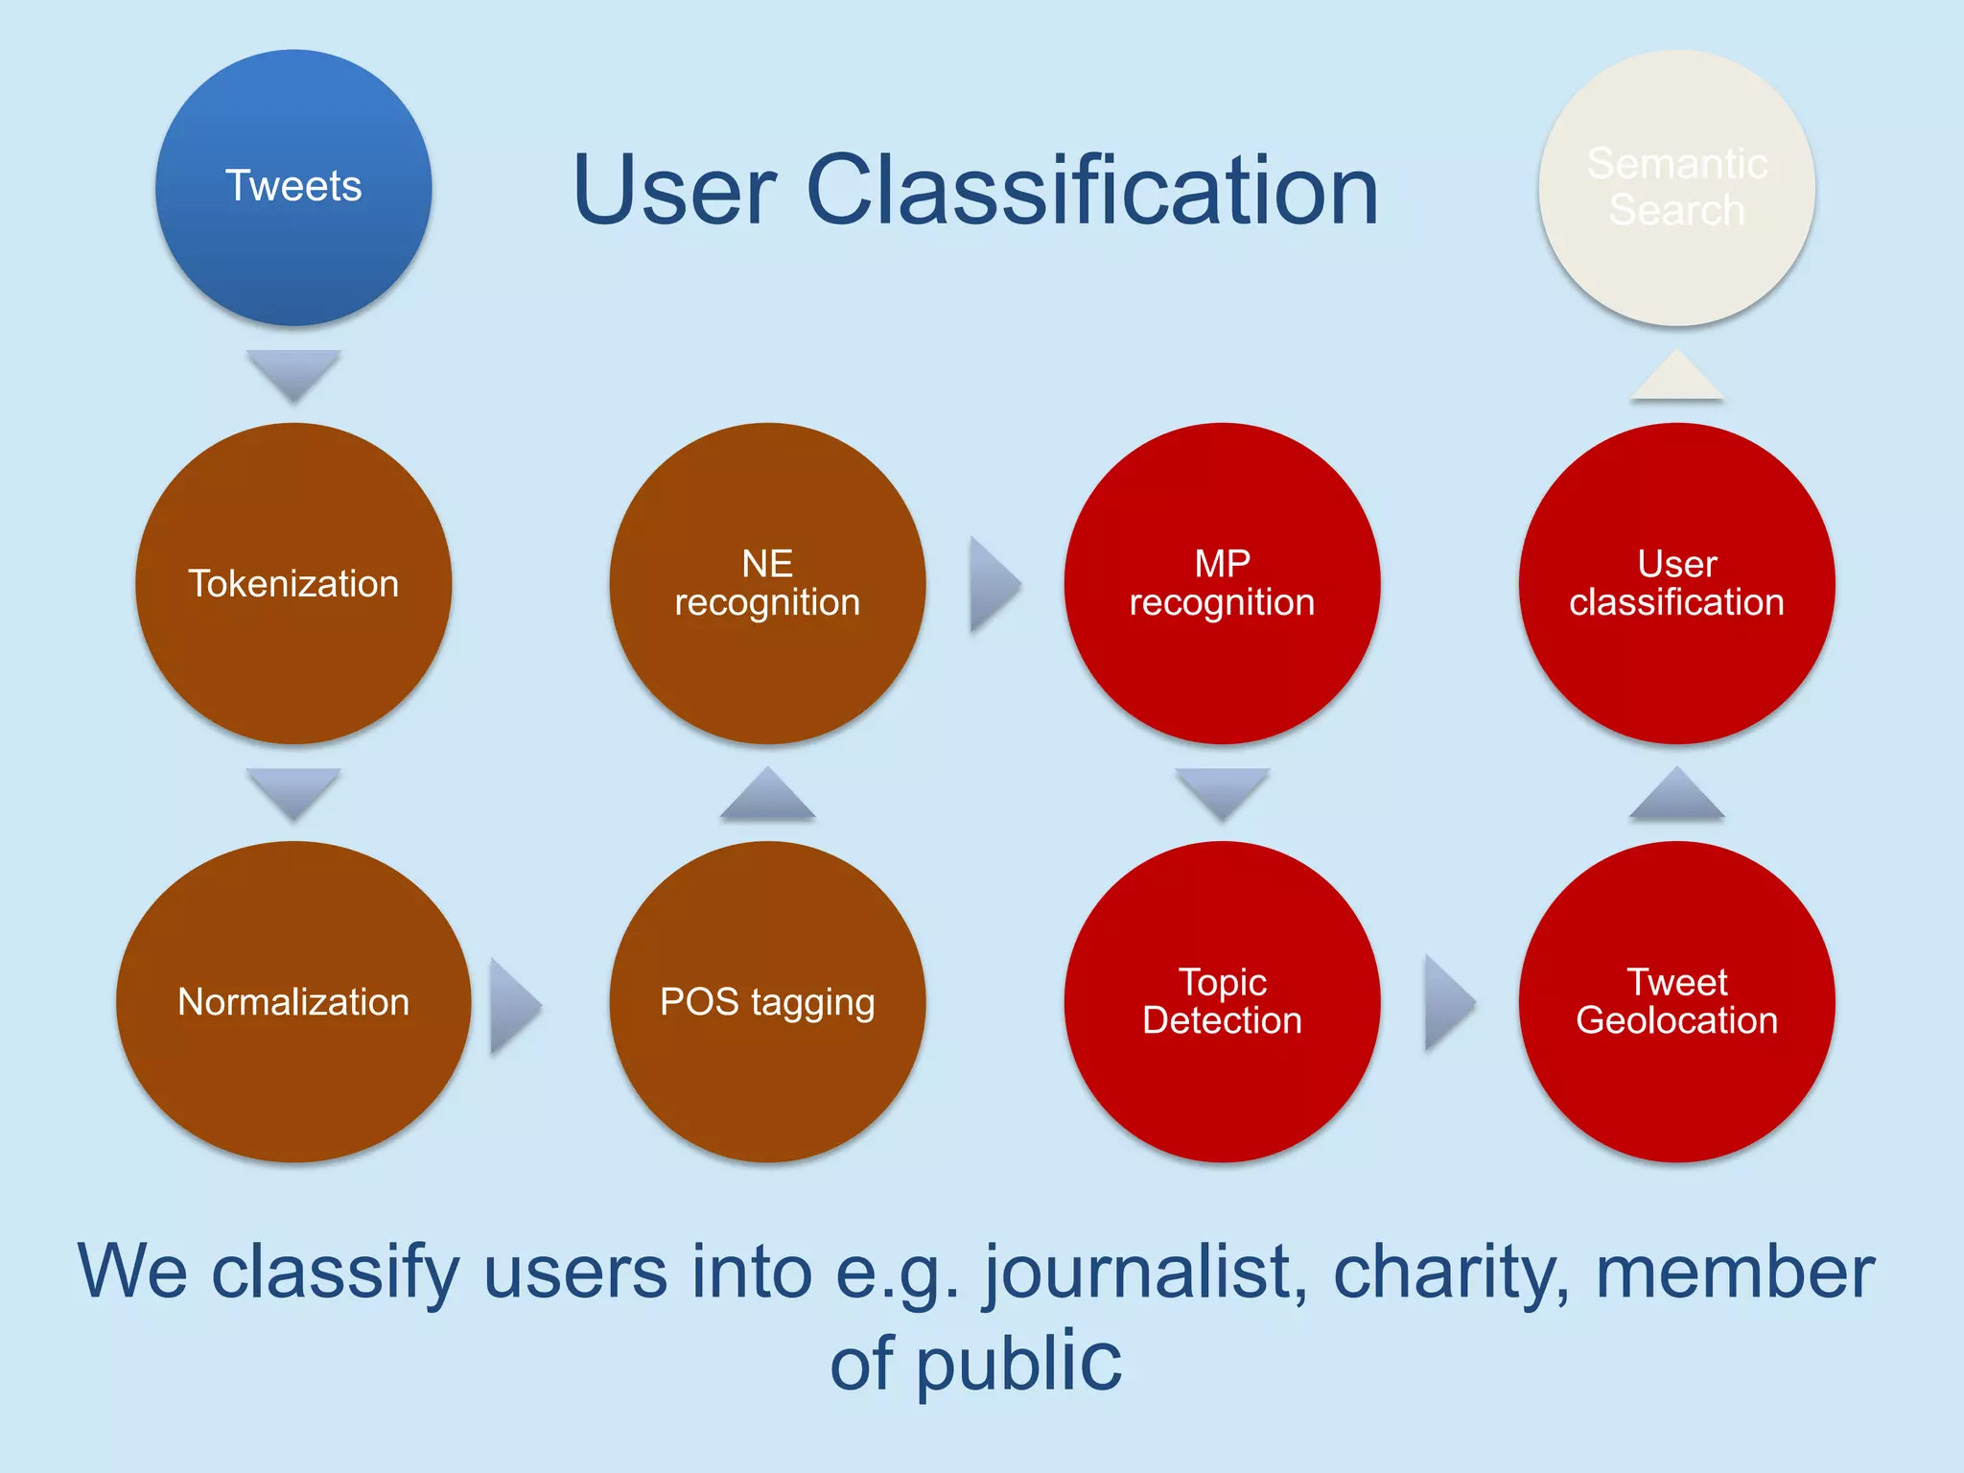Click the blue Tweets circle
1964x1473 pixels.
tap(293, 187)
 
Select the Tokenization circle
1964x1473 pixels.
tap(293, 583)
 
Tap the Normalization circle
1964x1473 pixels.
tap(293, 1001)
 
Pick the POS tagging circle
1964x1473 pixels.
tap(767, 1001)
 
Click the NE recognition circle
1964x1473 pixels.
tap(767, 583)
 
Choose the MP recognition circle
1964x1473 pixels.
tap(1222, 583)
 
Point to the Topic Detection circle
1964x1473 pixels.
tap(1222, 1001)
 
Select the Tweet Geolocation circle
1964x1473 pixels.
tap(1676, 1001)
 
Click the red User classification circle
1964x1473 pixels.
tap(1676, 583)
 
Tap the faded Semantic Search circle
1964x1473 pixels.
tap(1676, 187)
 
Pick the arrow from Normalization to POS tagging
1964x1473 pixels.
tap(512, 1005)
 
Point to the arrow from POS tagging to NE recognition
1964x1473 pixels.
tap(767, 795)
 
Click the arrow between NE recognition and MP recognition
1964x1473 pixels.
tap(992, 584)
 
